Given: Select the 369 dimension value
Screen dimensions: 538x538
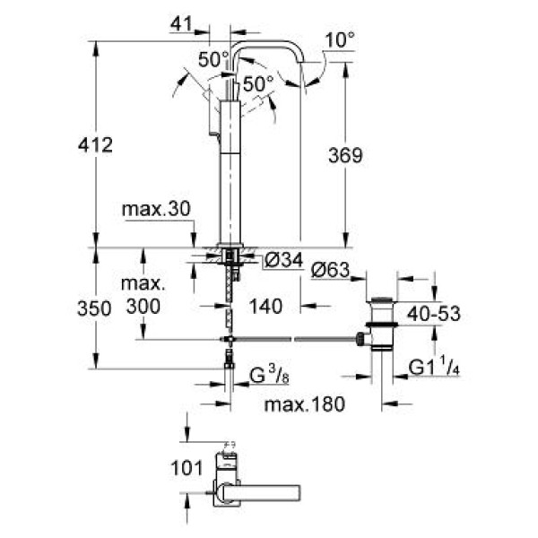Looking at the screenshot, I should coord(344,156).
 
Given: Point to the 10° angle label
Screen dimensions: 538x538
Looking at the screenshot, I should coord(340,40).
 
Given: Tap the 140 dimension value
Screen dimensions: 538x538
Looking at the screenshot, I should coord(266,306).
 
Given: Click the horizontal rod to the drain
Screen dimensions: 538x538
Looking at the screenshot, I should coord(296,340).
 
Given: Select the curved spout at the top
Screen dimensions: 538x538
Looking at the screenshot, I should coord(269,45).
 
